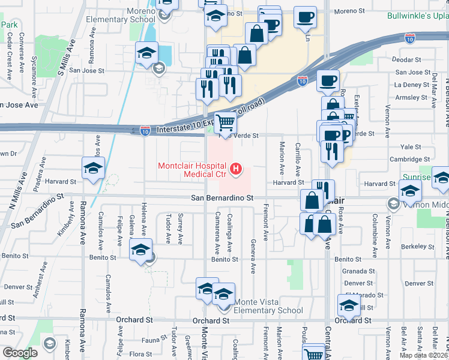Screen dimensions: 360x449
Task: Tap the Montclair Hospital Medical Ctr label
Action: tap(192, 170)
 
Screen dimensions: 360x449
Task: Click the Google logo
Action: tap(20, 353)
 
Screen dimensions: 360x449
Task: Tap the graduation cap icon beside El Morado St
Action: tap(349, 305)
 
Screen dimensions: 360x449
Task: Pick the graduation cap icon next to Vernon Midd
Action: tap(410, 191)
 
